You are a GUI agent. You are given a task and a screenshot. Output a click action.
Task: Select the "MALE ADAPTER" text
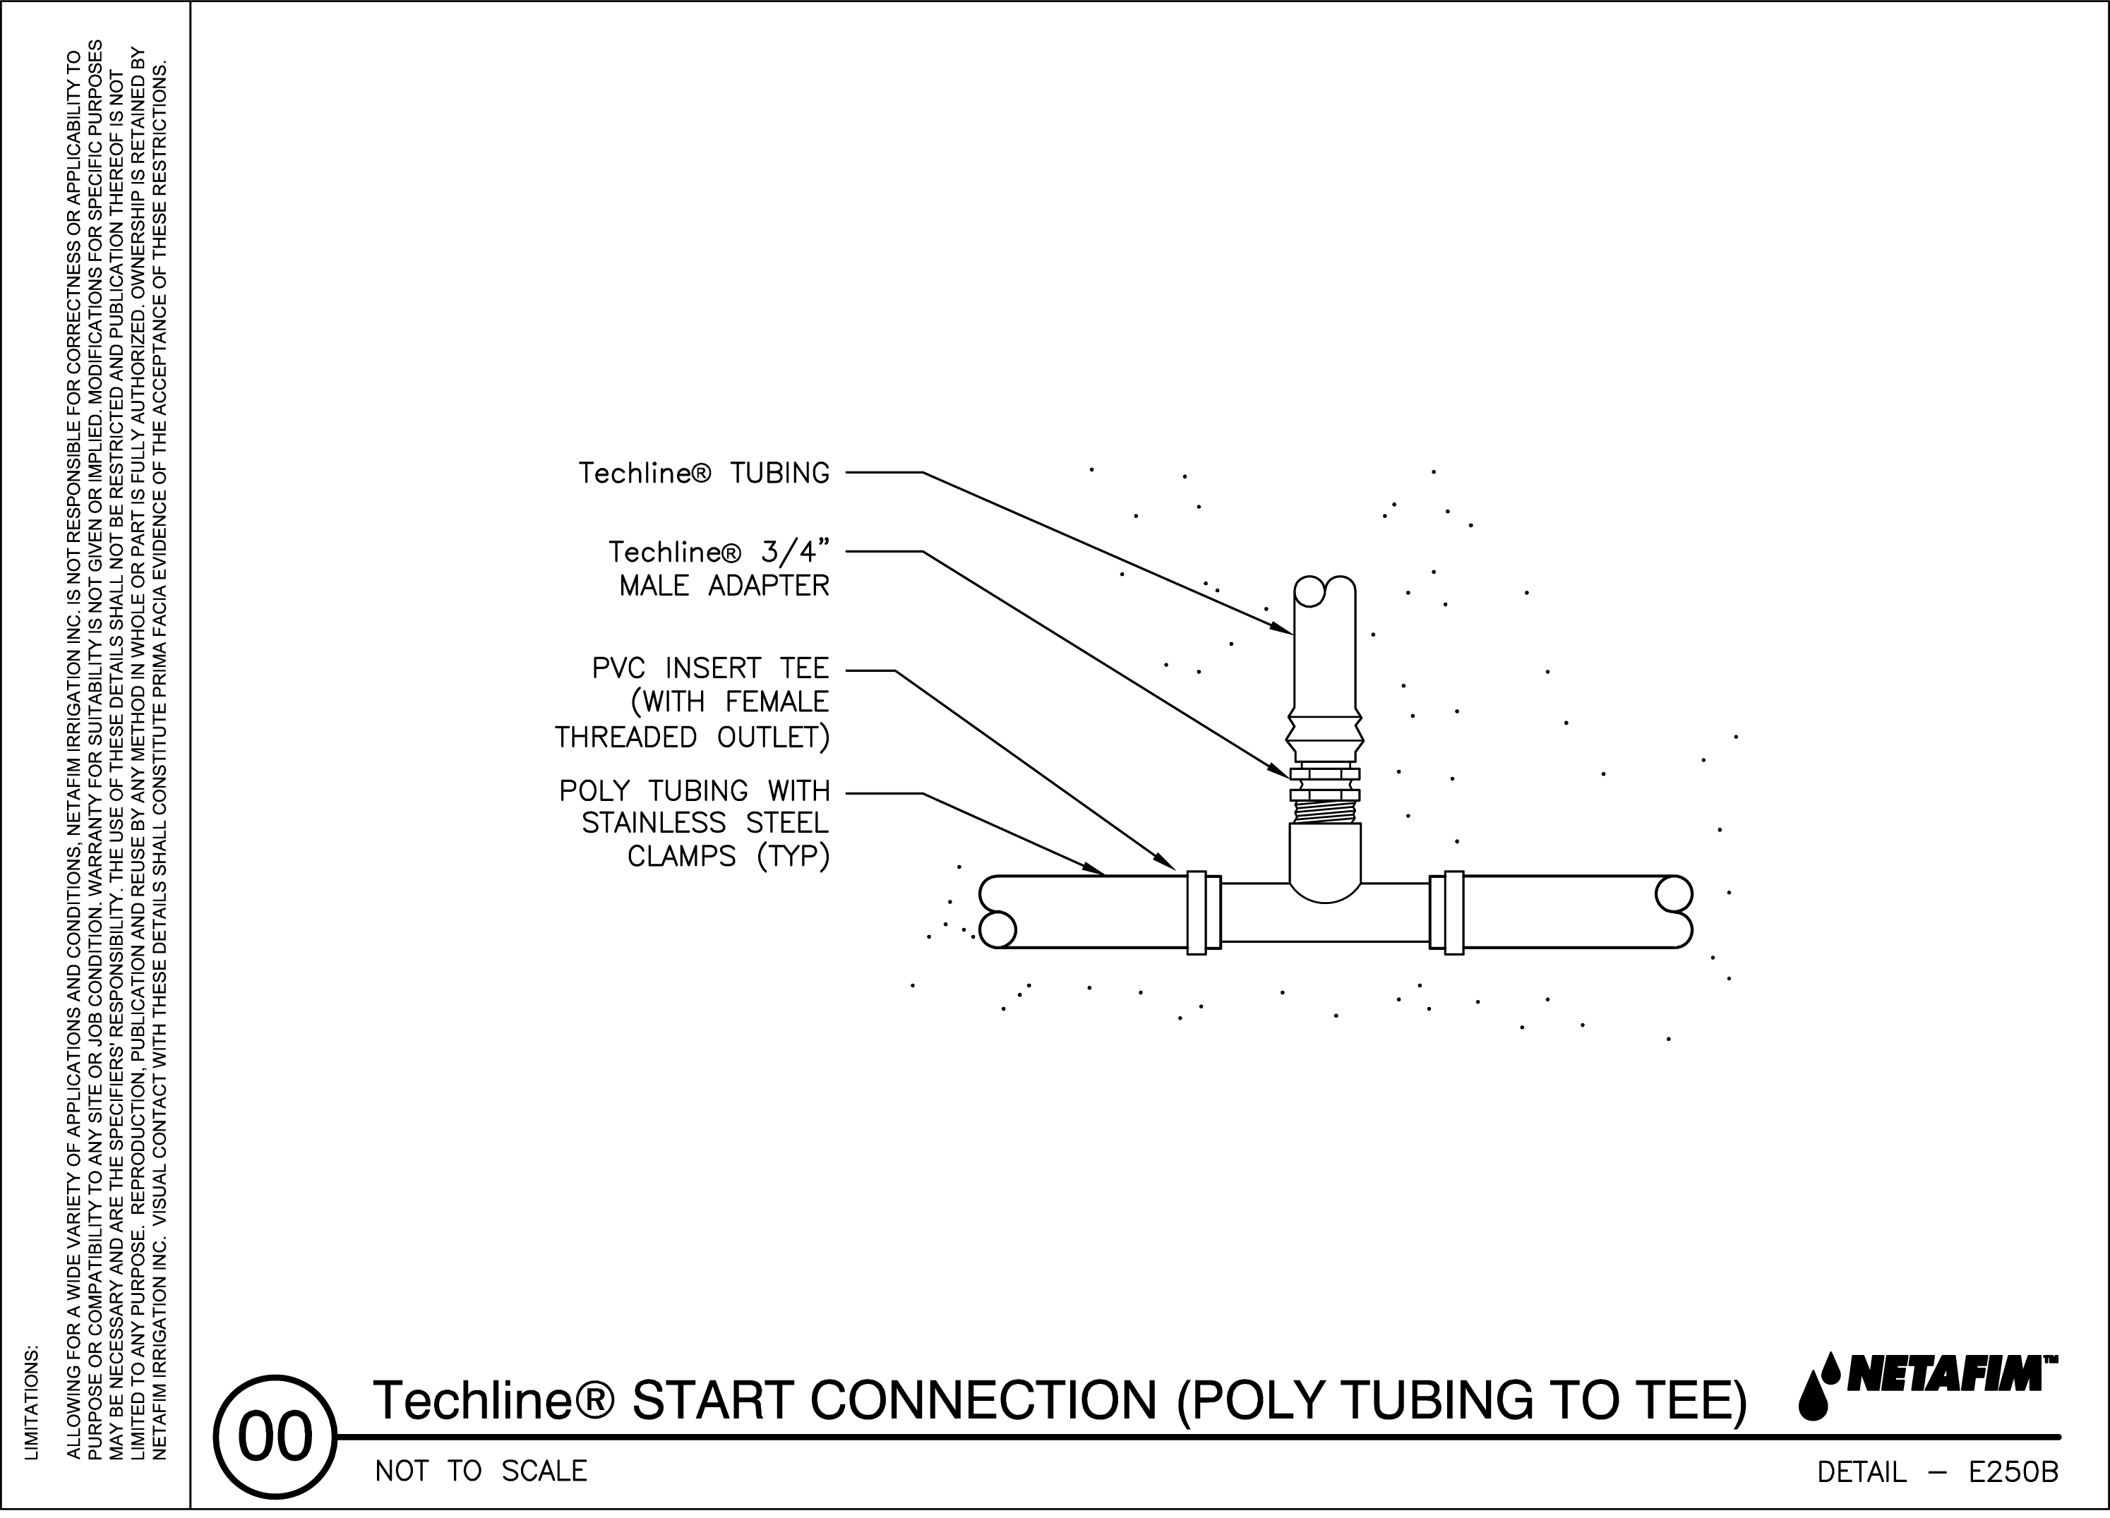(x=724, y=586)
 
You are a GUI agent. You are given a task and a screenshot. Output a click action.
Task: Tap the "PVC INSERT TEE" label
(x=710, y=669)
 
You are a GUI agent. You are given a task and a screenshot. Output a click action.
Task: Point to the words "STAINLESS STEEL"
(x=705, y=823)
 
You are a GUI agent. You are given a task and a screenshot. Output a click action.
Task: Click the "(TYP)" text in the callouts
(x=793, y=856)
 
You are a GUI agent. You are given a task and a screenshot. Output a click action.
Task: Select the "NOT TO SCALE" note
(x=481, y=1471)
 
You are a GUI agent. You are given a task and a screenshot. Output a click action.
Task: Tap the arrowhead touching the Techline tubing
(x=1284, y=630)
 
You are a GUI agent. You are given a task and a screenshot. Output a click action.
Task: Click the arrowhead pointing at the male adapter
(x=1281, y=771)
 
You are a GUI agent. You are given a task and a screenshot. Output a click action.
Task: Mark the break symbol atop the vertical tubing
(x=1325, y=591)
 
